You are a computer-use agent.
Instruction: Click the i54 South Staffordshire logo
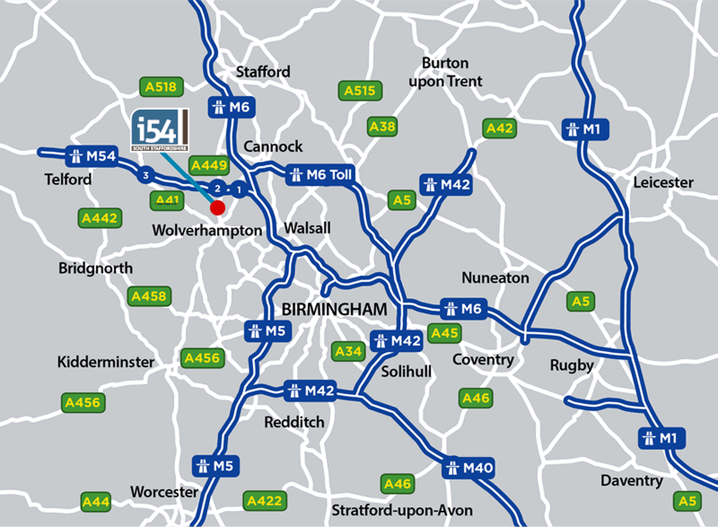[x=160, y=131]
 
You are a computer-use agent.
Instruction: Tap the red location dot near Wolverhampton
[x=217, y=208]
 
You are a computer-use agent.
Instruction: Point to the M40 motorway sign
[x=469, y=467]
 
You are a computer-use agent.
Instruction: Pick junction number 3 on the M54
[x=144, y=175]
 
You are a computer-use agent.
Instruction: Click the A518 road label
[x=161, y=87]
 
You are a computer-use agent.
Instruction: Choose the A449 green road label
[x=208, y=165]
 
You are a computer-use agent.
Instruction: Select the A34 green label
[x=348, y=351]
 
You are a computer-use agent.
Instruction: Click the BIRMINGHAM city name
[x=334, y=310]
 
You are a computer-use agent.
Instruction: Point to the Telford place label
[x=68, y=179]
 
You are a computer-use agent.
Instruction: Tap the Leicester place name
[x=664, y=182]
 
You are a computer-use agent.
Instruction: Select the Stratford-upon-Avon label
[x=402, y=511]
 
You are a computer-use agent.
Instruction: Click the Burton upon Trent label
[x=445, y=72]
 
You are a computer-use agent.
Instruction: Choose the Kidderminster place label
[x=105, y=362]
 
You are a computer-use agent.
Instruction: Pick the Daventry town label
[x=632, y=481]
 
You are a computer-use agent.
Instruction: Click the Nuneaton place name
[x=495, y=278]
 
